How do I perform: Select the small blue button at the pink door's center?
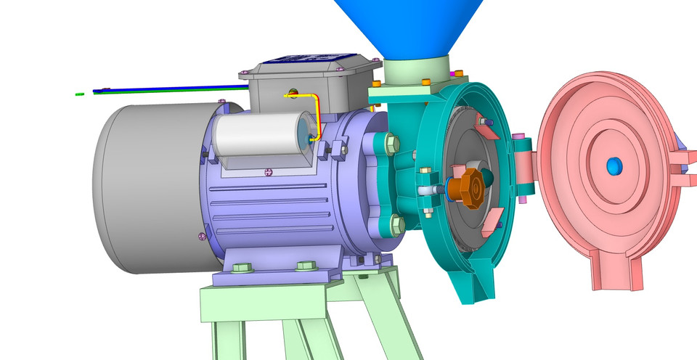coord(614,166)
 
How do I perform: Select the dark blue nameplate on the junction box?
coord(312,60)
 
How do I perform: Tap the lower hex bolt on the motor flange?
coord(396,225)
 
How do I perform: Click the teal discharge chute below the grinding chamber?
coord(475,283)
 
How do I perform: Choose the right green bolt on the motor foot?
coord(304,266)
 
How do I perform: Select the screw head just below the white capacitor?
coord(269,172)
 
